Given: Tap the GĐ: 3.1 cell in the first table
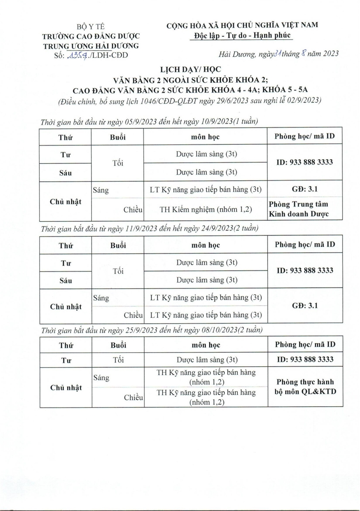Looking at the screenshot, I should tap(305, 189).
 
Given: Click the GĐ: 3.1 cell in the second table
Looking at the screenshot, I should tap(305, 306).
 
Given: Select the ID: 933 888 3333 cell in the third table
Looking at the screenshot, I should tap(305, 360).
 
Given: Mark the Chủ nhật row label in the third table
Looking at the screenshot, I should tap(66, 388).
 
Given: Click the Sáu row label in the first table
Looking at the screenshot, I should tap(66, 173).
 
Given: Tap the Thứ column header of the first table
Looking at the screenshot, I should tap(66, 137).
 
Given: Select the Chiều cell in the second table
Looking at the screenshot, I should tap(133, 315).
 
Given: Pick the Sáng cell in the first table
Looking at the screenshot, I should tap(101, 190).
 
